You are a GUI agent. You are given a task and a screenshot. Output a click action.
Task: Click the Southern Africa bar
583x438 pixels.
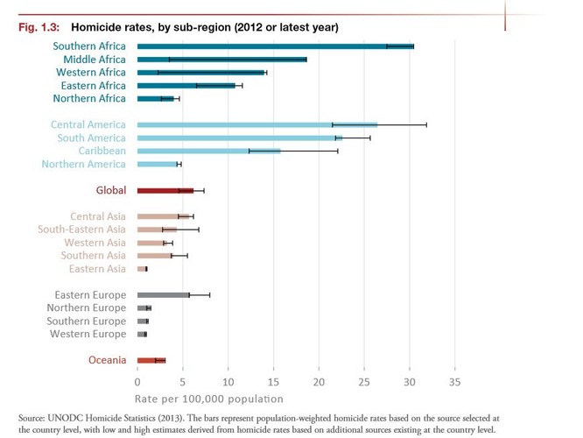275,46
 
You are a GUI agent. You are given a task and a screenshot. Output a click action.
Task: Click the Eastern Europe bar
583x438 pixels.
163,295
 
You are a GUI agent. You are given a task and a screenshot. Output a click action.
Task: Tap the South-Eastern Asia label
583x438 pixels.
81,230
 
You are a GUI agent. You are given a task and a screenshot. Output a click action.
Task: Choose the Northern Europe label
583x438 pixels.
86,308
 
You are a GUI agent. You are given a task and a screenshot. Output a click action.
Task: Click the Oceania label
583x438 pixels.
107,360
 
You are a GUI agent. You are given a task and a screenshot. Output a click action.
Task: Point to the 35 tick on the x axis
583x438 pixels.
453,383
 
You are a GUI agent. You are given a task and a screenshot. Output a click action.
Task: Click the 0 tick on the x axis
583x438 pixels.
137,383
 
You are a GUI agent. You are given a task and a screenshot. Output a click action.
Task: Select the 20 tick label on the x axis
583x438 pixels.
318,383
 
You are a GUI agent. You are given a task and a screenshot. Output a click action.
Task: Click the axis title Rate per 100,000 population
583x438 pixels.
209,399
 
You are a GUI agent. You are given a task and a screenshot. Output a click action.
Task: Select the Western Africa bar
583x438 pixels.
201,72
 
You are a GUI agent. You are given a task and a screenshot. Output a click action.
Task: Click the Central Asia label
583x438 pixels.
98,216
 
